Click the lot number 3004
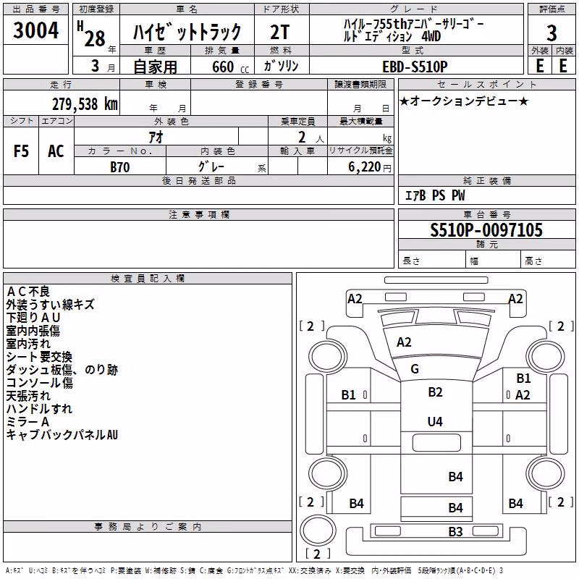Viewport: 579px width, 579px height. click(35, 30)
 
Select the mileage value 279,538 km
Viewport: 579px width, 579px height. click(85, 104)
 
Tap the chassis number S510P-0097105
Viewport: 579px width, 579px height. click(486, 230)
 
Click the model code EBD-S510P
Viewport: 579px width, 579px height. click(415, 67)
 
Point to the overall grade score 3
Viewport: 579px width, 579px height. click(551, 33)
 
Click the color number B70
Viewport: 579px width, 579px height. click(120, 167)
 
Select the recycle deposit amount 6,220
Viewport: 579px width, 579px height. click(364, 166)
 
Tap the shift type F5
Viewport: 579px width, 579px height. click(21, 151)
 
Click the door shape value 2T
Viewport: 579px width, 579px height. click(280, 32)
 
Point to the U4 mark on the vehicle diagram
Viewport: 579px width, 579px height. click(435, 422)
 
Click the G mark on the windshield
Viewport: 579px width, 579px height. click(415, 368)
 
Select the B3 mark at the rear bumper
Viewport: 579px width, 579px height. click(455, 531)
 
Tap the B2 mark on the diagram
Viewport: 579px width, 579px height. click(435, 392)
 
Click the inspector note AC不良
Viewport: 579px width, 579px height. click(28, 292)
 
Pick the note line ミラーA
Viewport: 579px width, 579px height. click(28, 421)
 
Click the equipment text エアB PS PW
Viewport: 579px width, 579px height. click(435, 195)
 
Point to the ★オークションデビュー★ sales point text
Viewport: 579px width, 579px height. click(464, 101)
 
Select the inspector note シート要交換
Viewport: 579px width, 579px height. click(39, 356)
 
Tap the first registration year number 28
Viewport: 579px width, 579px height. click(95, 39)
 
